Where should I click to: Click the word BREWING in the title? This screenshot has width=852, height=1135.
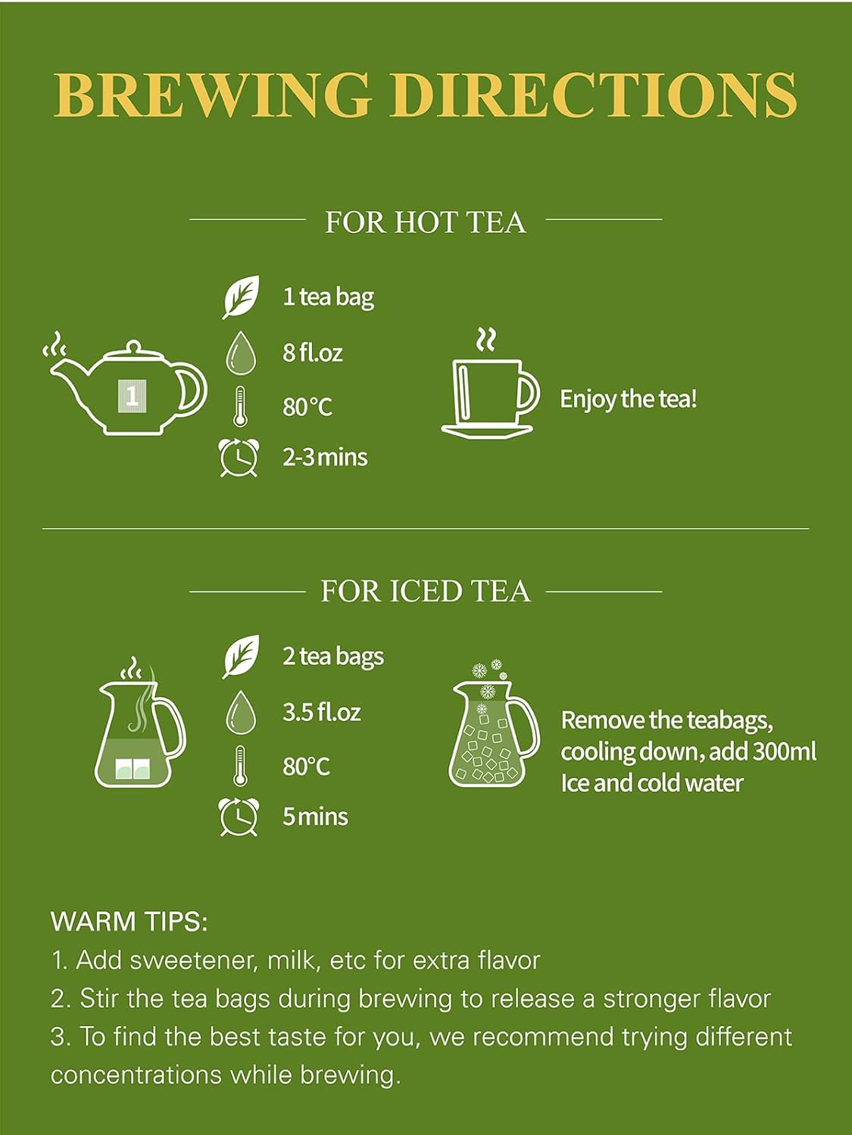[x=213, y=95]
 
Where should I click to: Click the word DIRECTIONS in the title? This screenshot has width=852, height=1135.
[x=593, y=95]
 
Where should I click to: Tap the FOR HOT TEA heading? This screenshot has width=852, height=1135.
[x=425, y=222]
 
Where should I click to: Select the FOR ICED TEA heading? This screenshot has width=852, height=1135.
[x=425, y=591]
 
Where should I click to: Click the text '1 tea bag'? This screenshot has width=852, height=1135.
[x=328, y=297]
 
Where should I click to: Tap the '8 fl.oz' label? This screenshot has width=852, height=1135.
[x=313, y=353]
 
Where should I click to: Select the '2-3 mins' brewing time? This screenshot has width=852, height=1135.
[x=325, y=458]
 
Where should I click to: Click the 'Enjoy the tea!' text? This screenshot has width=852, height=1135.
[x=629, y=399]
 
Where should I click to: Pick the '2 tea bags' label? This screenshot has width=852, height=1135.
[x=333, y=657]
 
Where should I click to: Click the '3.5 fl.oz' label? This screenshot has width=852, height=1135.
[x=321, y=712]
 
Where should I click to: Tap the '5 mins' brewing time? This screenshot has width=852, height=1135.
[x=315, y=817]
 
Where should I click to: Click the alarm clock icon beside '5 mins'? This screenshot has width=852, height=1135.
[x=239, y=817]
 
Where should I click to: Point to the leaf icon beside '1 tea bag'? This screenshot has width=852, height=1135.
[x=241, y=297]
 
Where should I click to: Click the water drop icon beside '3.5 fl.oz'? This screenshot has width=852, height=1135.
[x=241, y=713]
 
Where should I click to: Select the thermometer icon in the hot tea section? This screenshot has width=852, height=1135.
[x=239, y=406]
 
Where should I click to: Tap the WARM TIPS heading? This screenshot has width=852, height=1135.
[x=130, y=922]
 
